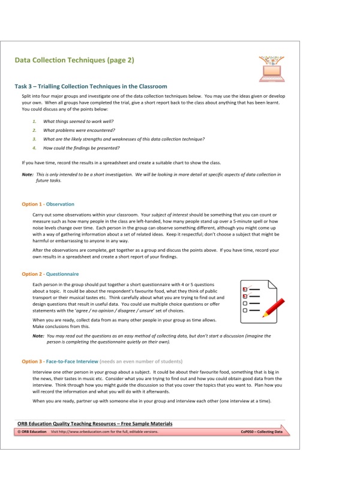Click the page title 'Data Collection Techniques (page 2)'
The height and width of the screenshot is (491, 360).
[74, 60]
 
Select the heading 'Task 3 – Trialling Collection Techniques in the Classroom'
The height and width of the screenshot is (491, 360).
[91, 86]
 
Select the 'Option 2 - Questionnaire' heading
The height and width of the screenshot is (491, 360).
[50, 273]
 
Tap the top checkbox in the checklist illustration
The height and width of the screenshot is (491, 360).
[245, 288]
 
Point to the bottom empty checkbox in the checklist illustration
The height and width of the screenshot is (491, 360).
[245, 311]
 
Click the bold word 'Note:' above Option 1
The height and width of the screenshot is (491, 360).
[28, 174]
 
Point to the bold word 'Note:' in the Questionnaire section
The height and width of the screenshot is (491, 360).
[38, 336]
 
